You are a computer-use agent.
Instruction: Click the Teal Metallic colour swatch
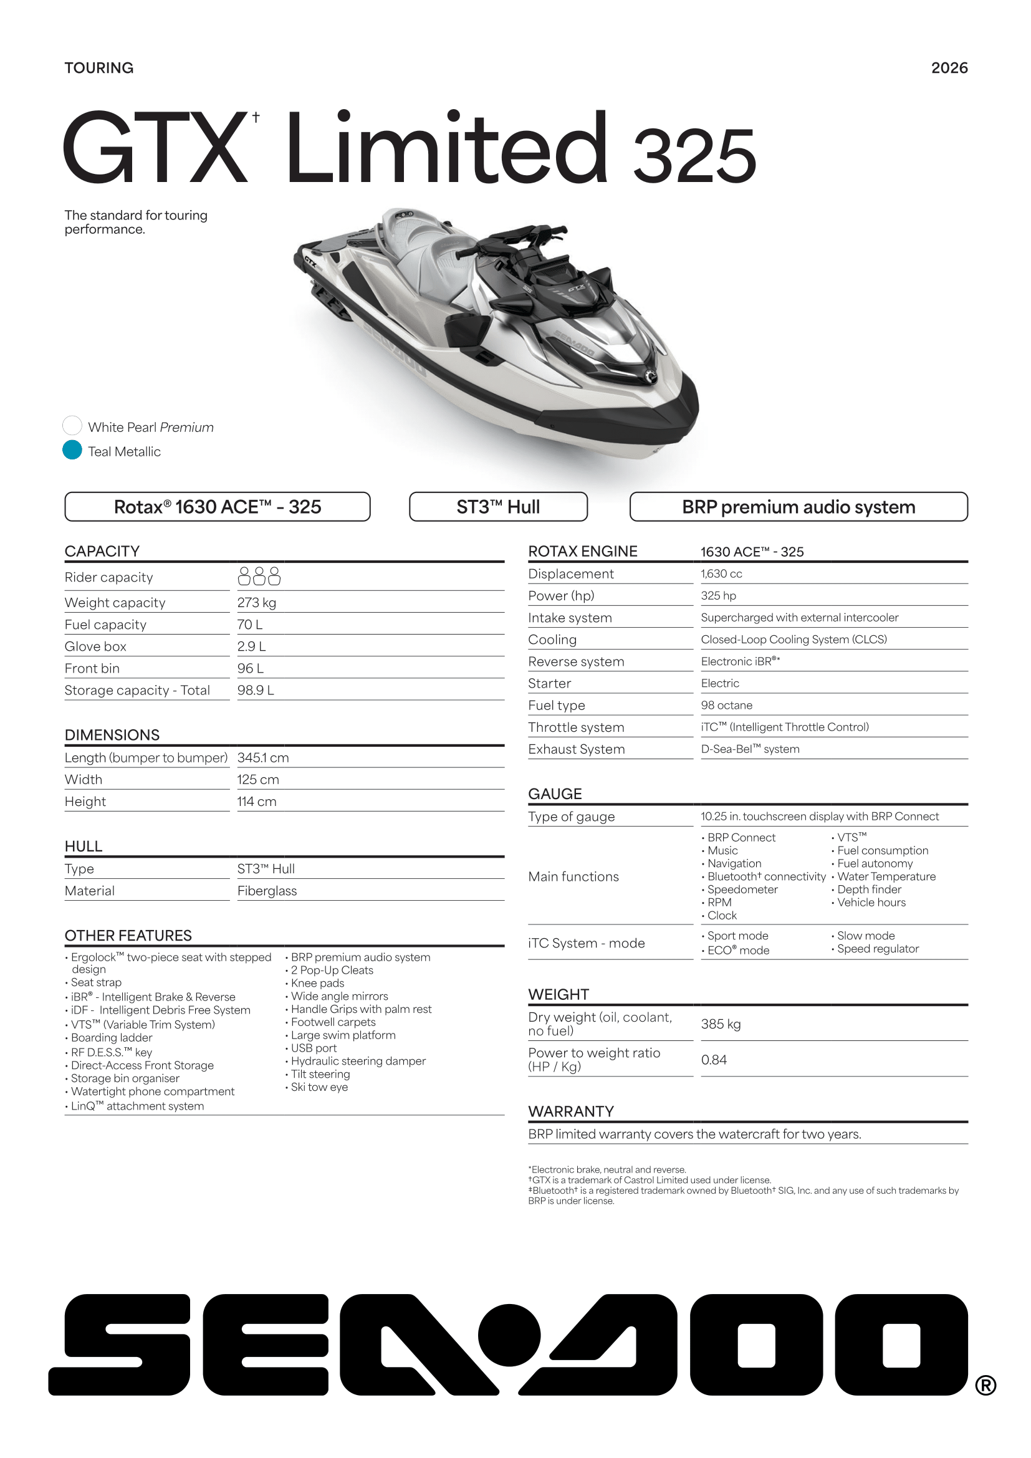72,449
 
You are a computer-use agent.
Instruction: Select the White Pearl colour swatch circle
72,426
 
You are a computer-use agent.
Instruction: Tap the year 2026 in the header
949,68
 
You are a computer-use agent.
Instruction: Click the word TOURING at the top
99,68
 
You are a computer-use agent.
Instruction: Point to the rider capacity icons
259,576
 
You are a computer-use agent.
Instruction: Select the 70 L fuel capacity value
249,624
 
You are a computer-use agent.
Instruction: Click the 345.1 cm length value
263,757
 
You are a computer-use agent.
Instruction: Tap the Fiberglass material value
267,890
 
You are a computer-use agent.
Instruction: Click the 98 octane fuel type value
726,705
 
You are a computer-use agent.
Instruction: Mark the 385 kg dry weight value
721,1024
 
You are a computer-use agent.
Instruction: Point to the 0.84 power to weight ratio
714,1059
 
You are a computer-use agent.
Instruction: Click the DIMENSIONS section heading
112,735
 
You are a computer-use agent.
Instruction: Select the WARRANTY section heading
571,1111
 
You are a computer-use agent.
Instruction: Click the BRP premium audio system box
798,507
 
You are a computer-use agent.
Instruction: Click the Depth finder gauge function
868,889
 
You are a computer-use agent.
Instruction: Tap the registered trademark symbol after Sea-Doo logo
985,1385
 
